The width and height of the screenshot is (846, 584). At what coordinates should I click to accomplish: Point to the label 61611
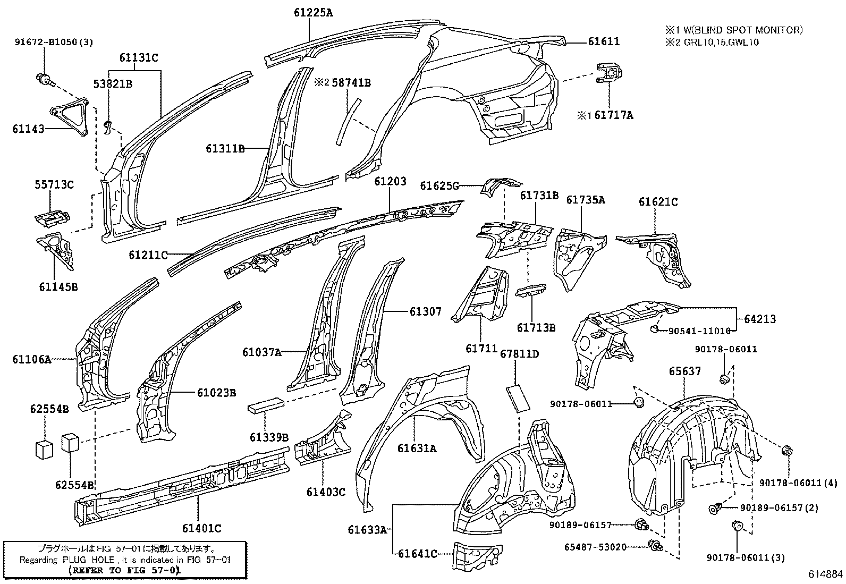(x=604, y=41)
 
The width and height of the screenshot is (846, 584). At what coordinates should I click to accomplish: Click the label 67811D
(x=519, y=353)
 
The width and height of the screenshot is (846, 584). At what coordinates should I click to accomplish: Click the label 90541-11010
(x=699, y=331)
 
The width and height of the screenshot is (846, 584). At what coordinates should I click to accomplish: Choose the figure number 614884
(x=825, y=574)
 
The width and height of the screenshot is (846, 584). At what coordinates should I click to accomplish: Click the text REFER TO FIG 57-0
(x=124, y=570)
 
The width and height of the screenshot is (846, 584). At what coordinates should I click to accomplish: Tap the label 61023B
(x=216, y=393)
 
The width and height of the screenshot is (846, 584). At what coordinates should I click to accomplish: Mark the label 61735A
(x=586, y=200)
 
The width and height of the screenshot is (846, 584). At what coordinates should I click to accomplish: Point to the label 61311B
(x=225, y=149)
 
